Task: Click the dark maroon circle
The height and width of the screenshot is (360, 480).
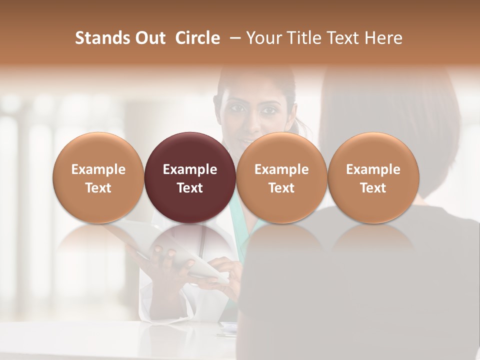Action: [x=190, y=177]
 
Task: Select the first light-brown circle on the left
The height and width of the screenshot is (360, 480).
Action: [x=98, y=177]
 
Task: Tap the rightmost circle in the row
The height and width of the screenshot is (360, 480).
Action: [x=373, y=177]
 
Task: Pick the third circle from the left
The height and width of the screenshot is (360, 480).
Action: [x=281, y=177]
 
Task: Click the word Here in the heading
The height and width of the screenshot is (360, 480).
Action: [x=384, y=38]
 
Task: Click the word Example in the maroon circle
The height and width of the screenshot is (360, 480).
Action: [x=190, y=169]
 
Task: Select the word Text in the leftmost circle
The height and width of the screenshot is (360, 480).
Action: [x=98, y=188]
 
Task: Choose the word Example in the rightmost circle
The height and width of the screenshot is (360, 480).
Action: [x=373, y=169]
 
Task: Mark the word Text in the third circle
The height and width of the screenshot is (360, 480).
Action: [x=281, y=188]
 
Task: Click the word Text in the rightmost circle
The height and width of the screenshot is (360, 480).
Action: [x=373, y=188]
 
